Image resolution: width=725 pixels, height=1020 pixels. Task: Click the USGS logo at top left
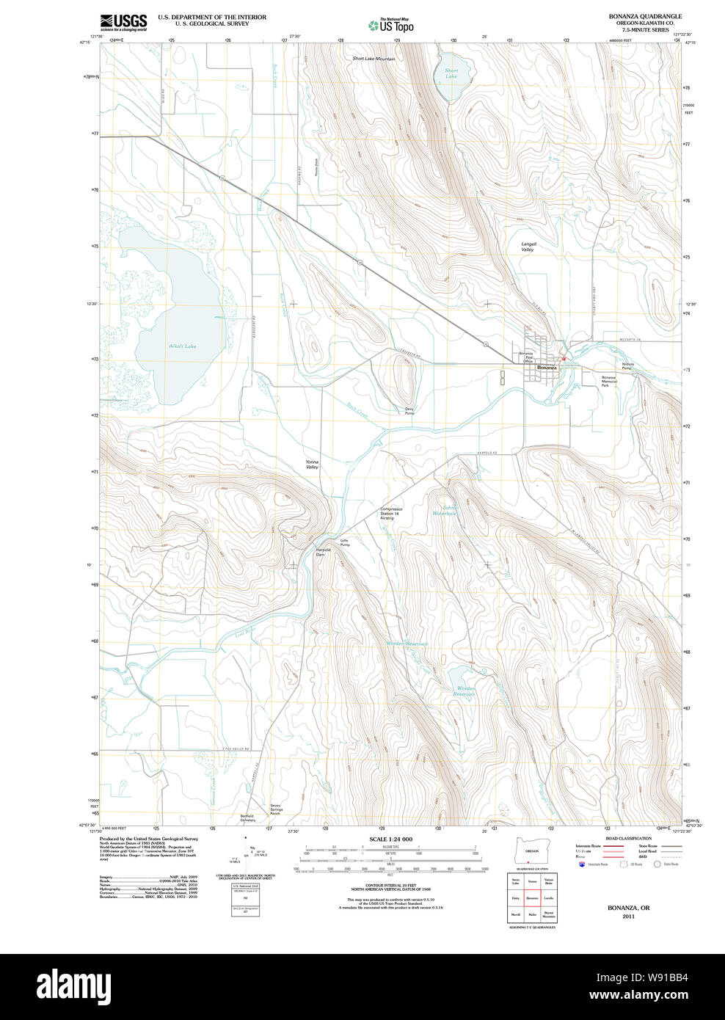123,22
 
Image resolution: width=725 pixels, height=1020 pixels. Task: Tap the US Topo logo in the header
390,25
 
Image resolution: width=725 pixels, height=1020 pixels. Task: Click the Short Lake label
451,73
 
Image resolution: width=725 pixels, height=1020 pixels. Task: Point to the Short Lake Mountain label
374,59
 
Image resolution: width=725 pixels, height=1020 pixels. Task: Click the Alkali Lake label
182,346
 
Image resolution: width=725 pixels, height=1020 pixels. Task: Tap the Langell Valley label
528,247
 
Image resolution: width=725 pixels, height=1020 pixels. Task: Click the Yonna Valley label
312,465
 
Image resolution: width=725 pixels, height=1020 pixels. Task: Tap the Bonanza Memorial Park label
609,381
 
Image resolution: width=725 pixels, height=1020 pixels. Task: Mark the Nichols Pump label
627,365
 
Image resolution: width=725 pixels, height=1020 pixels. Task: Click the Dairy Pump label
409,411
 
